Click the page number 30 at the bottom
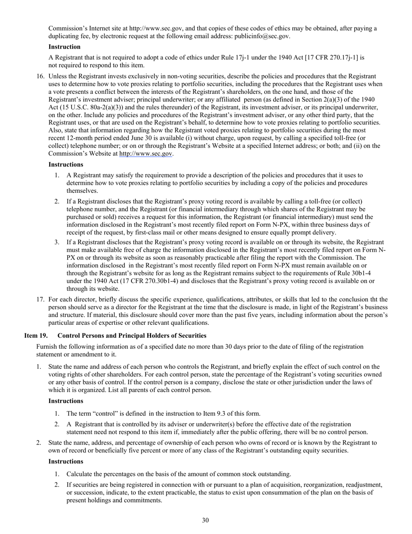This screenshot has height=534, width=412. tap(206, 520)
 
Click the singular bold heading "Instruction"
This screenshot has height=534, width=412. tap(64, 46)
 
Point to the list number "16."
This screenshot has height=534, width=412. tap(40, 76)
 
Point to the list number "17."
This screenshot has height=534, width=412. tap(40, 299)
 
